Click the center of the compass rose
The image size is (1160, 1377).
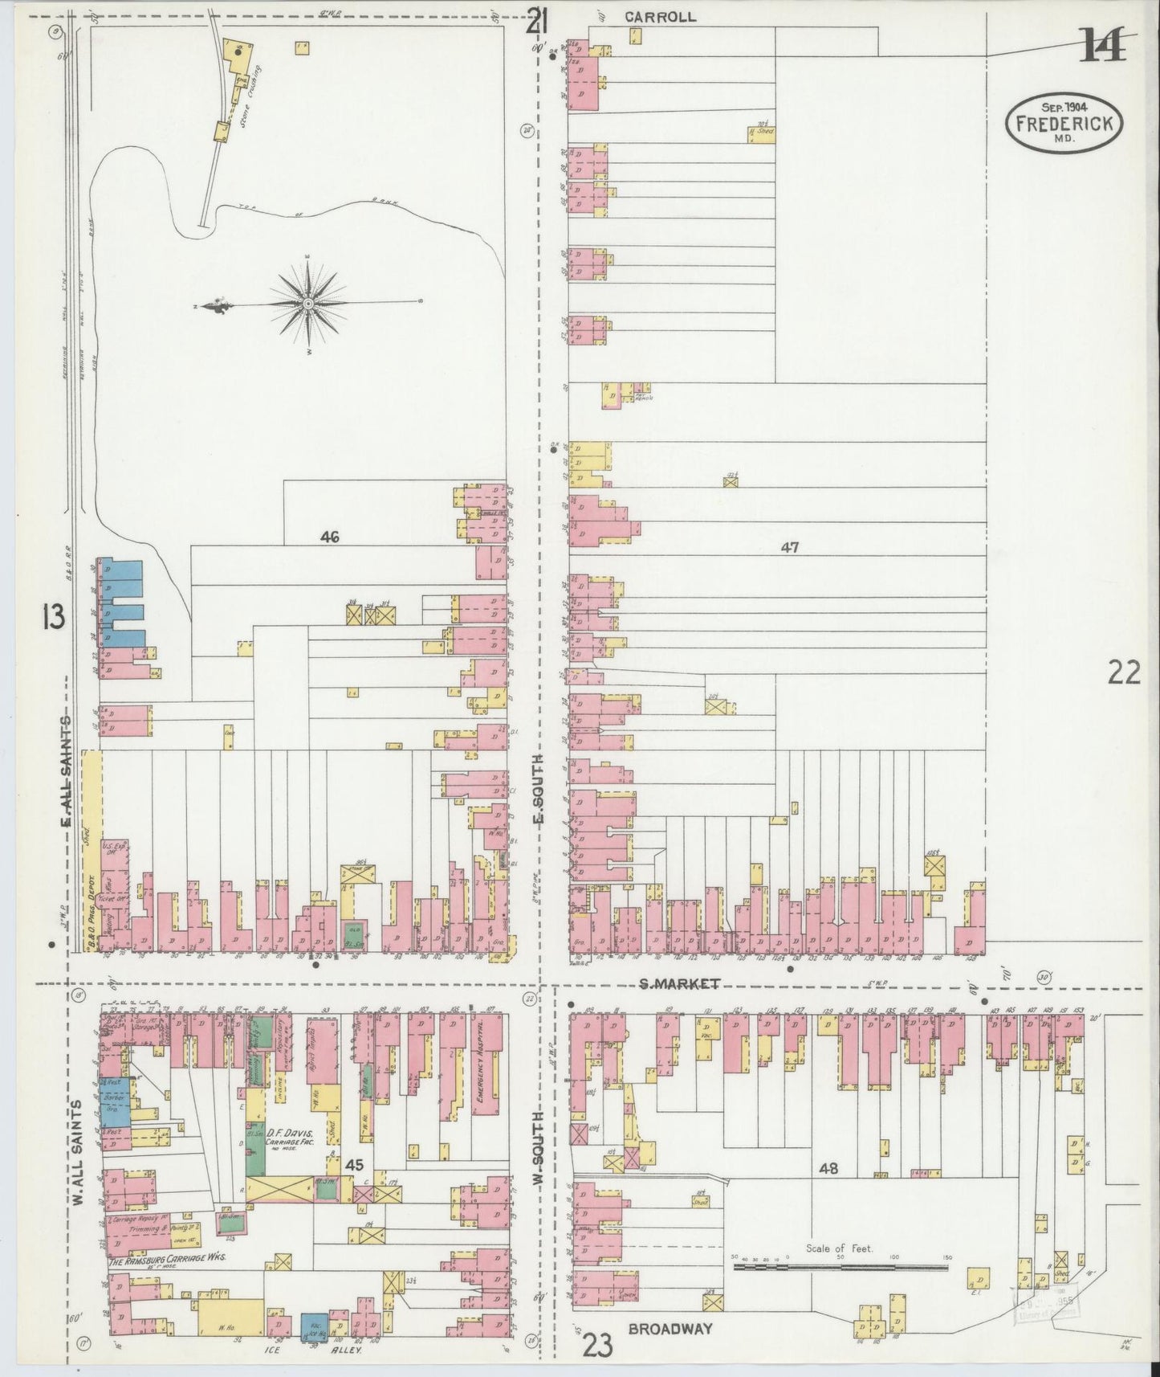[308, 304]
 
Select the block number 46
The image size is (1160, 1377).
[329, 537]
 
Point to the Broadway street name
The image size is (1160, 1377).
[670, 1329]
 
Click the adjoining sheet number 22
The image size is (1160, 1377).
[1124, 672]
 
